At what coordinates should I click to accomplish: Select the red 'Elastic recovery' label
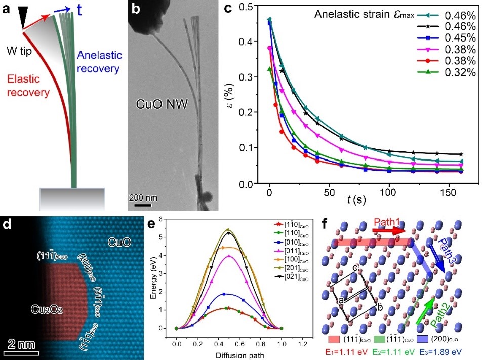pos(28,86)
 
